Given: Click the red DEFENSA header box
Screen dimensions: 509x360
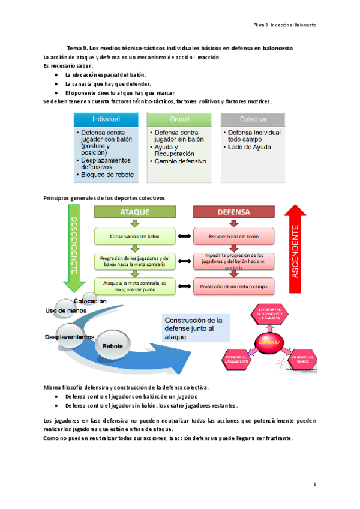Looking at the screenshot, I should (233, 212).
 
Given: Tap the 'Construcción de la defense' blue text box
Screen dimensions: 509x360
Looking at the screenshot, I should (195, 329).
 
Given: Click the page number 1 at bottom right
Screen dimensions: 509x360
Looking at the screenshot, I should (314, 484).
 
